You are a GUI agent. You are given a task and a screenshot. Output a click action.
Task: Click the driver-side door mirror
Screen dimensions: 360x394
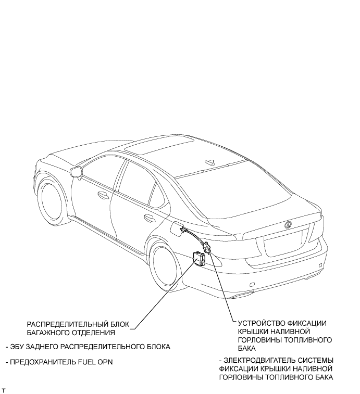pos(76,171)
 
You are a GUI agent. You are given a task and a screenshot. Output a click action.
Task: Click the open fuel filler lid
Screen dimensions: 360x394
pos(180,229)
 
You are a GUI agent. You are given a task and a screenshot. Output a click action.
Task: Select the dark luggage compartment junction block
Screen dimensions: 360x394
pos(198,257)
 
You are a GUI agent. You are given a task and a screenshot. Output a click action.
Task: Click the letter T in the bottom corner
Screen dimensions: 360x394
pos(4,389)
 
